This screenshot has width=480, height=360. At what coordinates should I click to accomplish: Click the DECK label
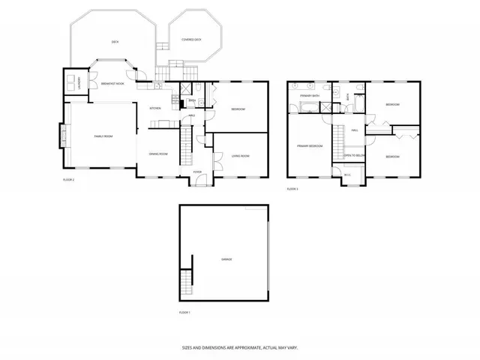click(x=115, y=42)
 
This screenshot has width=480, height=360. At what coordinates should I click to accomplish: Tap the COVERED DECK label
click(x=190, y=39)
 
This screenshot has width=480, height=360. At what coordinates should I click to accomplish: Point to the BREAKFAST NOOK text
click(x=112, y=84)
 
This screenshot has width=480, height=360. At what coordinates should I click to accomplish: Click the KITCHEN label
click(x=155, y=109)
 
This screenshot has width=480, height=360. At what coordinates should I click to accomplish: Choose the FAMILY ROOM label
click(x=103, y=136)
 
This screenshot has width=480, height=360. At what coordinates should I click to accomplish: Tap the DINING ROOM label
click(x=157, y=154)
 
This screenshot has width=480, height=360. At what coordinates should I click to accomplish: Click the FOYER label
click(x=197, y=172)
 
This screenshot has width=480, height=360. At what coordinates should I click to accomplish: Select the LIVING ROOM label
click(x=240, y=155)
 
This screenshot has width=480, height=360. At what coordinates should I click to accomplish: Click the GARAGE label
click(x=226, y=259)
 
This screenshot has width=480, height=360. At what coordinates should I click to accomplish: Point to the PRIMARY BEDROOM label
click(x=309, y=146)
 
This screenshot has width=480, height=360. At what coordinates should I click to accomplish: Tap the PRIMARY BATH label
click(x=310, y=96)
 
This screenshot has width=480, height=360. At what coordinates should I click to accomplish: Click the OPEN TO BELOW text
click(x=354, y=155)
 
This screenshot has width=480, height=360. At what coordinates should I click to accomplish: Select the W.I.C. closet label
click(x=347, y=175)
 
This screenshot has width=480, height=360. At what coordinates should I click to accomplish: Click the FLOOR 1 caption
click(x=184, y=311)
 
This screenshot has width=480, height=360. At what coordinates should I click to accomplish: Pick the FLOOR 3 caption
click(x=292, y=188)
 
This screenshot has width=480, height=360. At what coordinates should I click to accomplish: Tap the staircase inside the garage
click(x=186, y=283)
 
